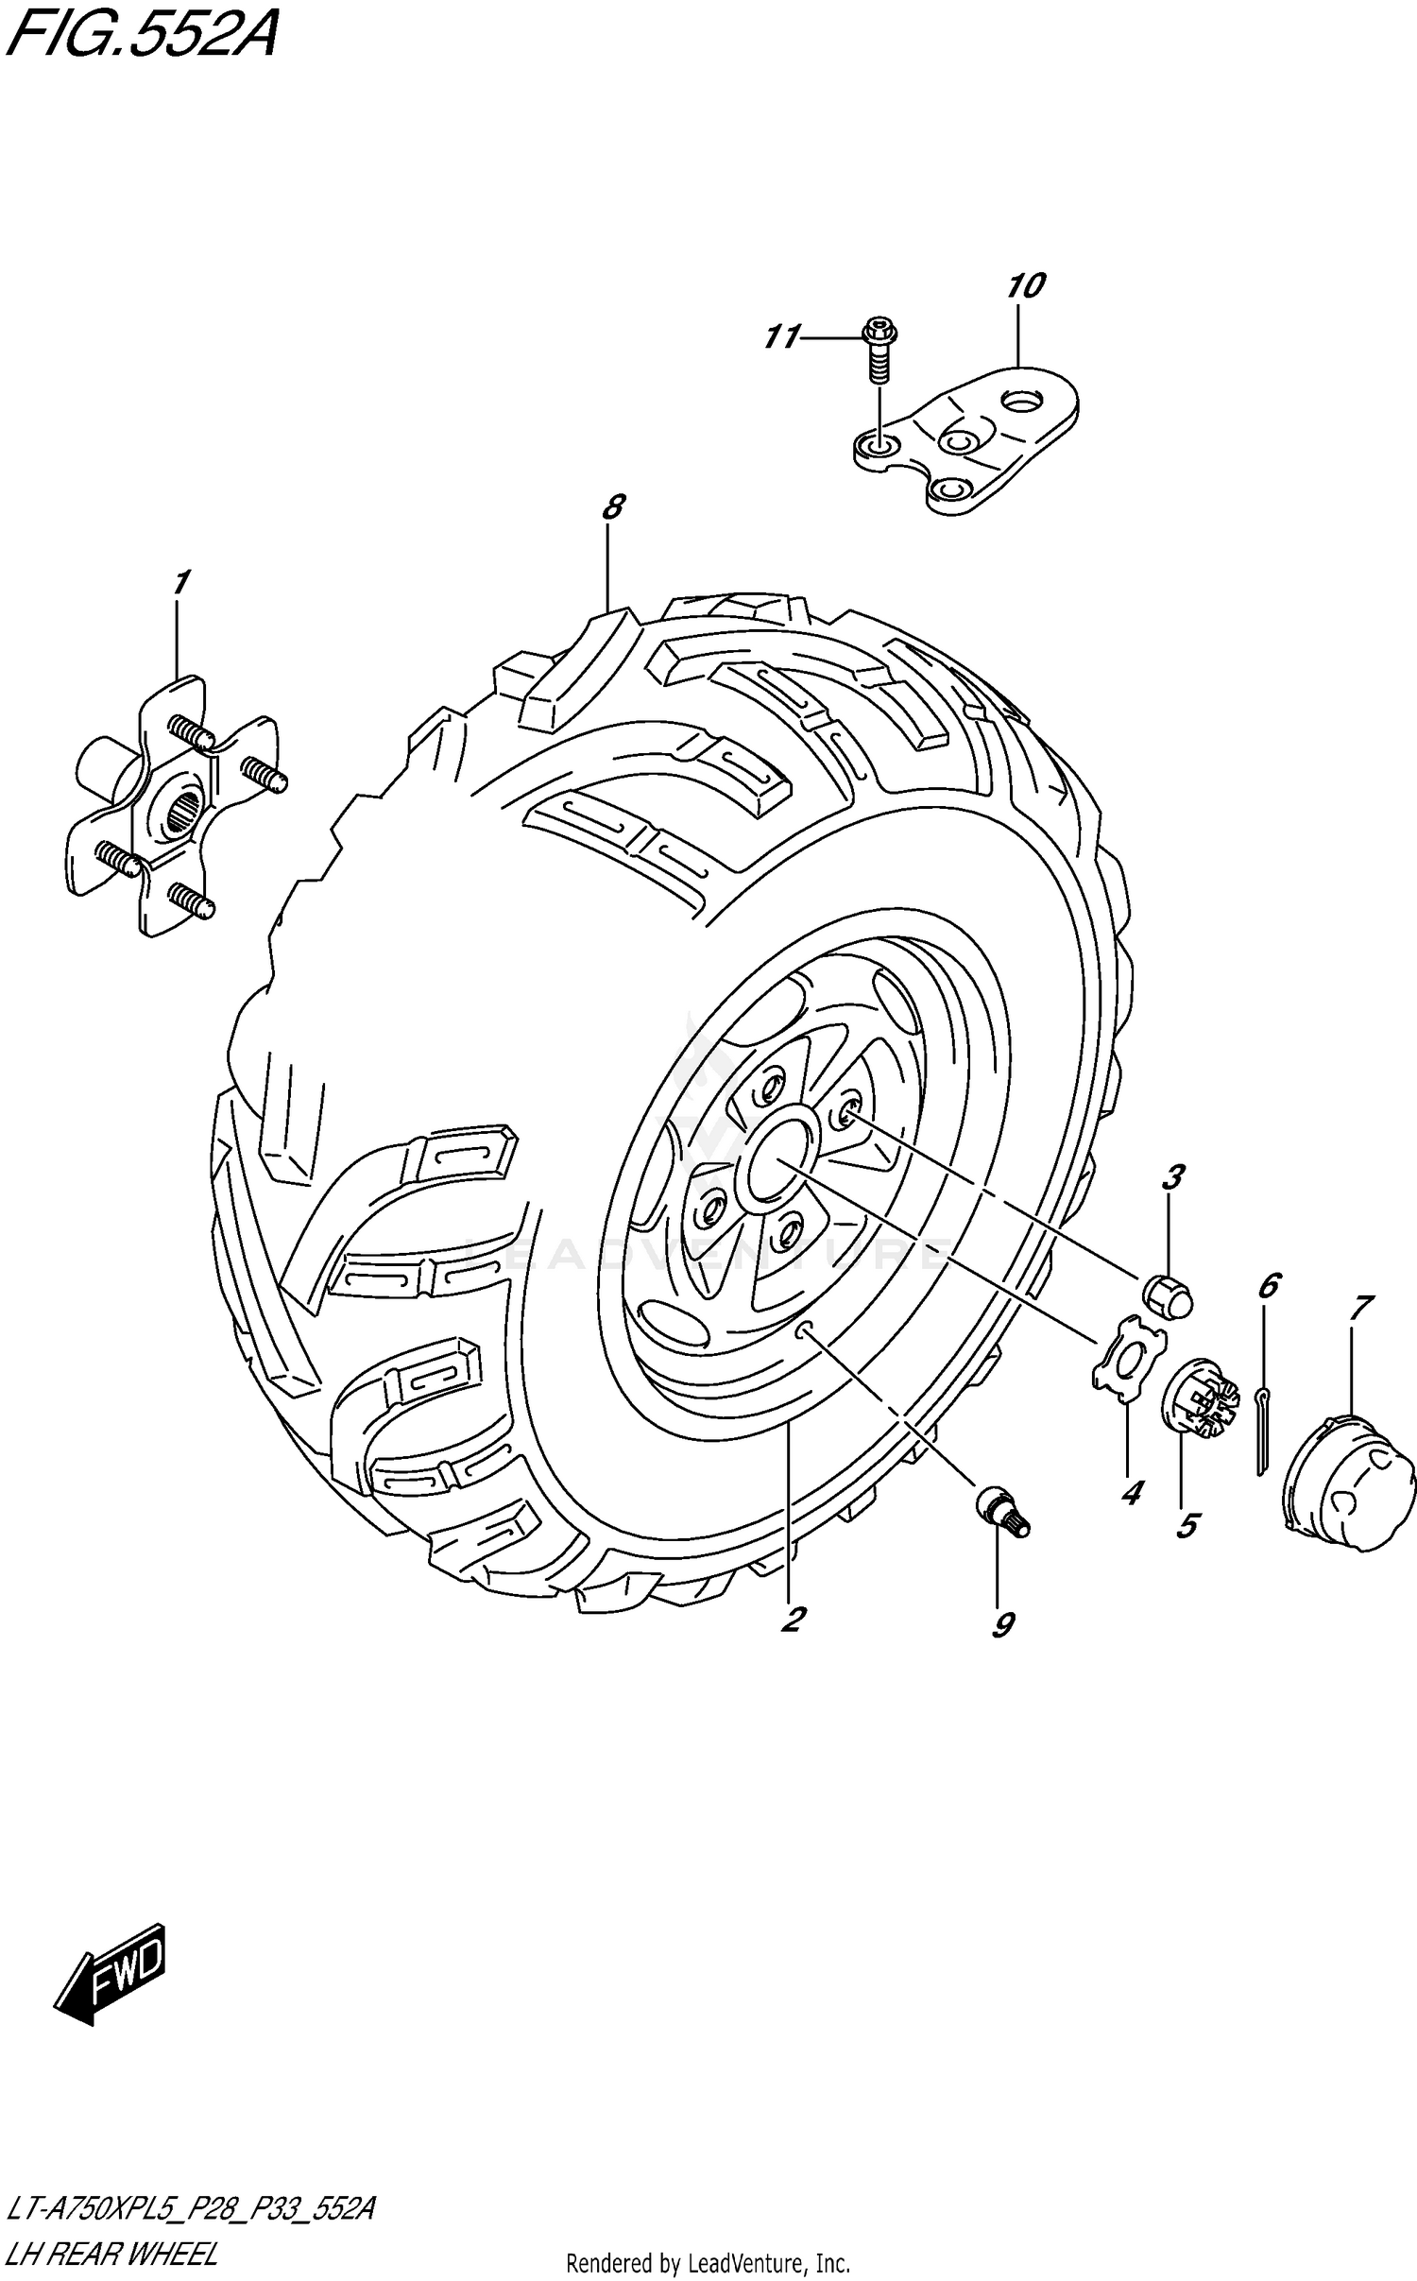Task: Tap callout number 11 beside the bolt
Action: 782,336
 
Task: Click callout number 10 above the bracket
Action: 1026,285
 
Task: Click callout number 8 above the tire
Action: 613,508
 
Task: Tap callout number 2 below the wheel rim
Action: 792,1620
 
